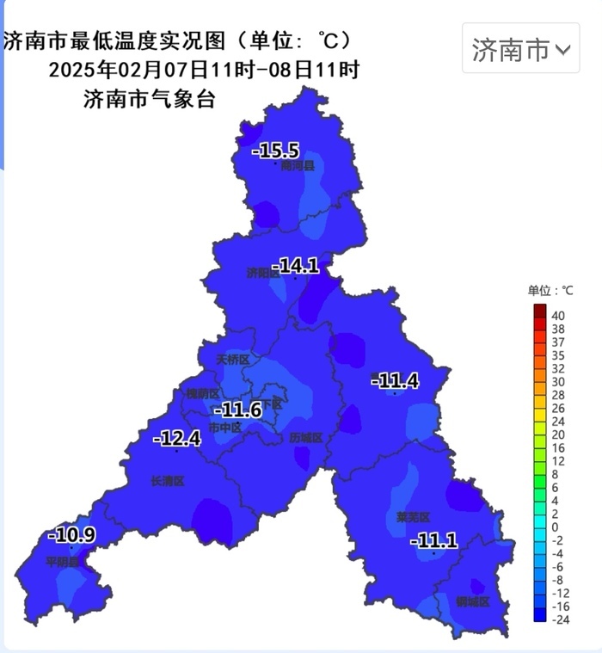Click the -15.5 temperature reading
[x=275, y=151]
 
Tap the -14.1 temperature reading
[x=296, y=266]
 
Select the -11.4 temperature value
[x=395, y=380]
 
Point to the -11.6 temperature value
[x=238, y=410]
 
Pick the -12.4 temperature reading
[x=177, y=439]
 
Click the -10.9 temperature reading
[x=72, y=534]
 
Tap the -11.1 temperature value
[x=433, y=540]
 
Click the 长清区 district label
[x=168, y=481]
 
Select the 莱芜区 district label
[x=413, y=517]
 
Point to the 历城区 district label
[x=305, y=438]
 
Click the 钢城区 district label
[x=472, y=601]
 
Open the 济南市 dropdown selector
[x=520, y=50]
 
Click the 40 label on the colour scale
[x=558, y=314]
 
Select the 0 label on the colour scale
[x=555, y=527]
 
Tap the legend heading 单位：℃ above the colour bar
[x=550, y=291]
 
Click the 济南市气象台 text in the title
[x=149, y=99]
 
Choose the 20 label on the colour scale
[x=558, y=434]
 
